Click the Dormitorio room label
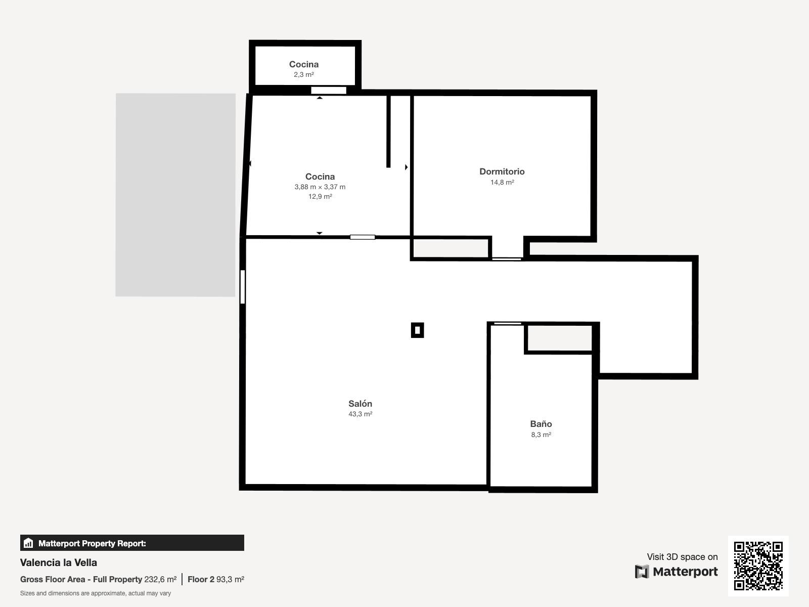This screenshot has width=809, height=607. [x=502, y=171]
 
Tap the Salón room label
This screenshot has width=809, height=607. [x=360, y=404]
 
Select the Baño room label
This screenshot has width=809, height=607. [x=541, y=424]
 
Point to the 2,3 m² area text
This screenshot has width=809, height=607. [x=304, y=74]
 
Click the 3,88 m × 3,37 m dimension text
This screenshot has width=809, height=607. [x=320, y=187]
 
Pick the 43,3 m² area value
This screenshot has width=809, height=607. [x=360, y=414]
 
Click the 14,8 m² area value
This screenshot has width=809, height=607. [x=502, y=182]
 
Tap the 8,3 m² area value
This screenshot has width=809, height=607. [x=541, y=435]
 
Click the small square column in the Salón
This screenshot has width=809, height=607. [x=417, y=330]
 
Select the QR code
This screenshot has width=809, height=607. [x=758, y=566]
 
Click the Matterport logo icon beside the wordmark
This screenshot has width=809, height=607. [x=642, y=572]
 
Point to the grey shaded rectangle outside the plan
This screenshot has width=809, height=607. [x=175, y=195]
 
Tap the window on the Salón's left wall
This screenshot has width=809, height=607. [x=243, y=287]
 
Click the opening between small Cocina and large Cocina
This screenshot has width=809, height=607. [x=328, y=91]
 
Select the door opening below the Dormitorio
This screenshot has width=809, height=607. [x=507, y=259]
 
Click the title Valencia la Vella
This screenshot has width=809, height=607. [x=59, y=562]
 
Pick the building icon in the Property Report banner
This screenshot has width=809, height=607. [x=28, y=543]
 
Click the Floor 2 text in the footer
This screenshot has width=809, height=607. [x=201, y=579]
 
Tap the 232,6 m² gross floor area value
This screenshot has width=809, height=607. [x=160, y=579]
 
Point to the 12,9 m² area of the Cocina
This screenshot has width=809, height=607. [x=320, y=196]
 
